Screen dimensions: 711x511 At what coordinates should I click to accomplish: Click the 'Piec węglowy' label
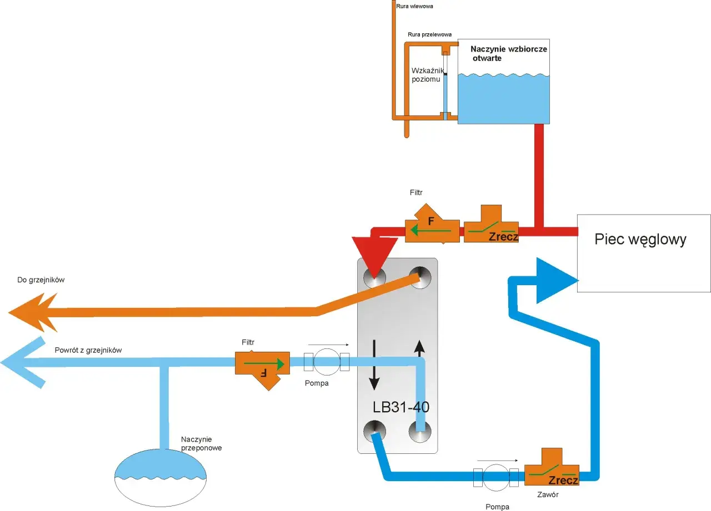[x=640, y=240]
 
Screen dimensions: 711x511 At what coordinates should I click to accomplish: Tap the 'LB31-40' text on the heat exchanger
[x=401, y=407]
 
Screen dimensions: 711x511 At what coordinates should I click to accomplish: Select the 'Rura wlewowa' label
[x=414, y=6]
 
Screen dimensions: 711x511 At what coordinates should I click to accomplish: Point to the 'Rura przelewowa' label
[x=429, y=34]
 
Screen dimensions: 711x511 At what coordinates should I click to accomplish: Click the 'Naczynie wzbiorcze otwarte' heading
[x=509, y=54]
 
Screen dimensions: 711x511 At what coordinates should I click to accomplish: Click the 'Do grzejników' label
[x=41, y=280]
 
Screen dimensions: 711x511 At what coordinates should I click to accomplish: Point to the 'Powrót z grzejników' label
[x=88, y=350]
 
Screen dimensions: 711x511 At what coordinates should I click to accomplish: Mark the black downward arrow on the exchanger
[x=374, y=365]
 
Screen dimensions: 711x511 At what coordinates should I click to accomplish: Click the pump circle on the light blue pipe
[x=327, y=362]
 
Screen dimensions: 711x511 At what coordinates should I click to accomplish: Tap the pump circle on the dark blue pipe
[x=496, y=477]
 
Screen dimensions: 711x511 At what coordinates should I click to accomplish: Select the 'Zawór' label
[x=548, y=494]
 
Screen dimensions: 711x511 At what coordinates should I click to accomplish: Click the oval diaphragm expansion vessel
[x=161, y=478]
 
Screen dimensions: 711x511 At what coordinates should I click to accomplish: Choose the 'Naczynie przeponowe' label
[x=201, y=443]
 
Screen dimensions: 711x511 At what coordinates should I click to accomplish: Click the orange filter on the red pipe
[x=432, y=224]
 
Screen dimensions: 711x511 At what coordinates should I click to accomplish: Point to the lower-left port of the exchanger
[x=374, y=432]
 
